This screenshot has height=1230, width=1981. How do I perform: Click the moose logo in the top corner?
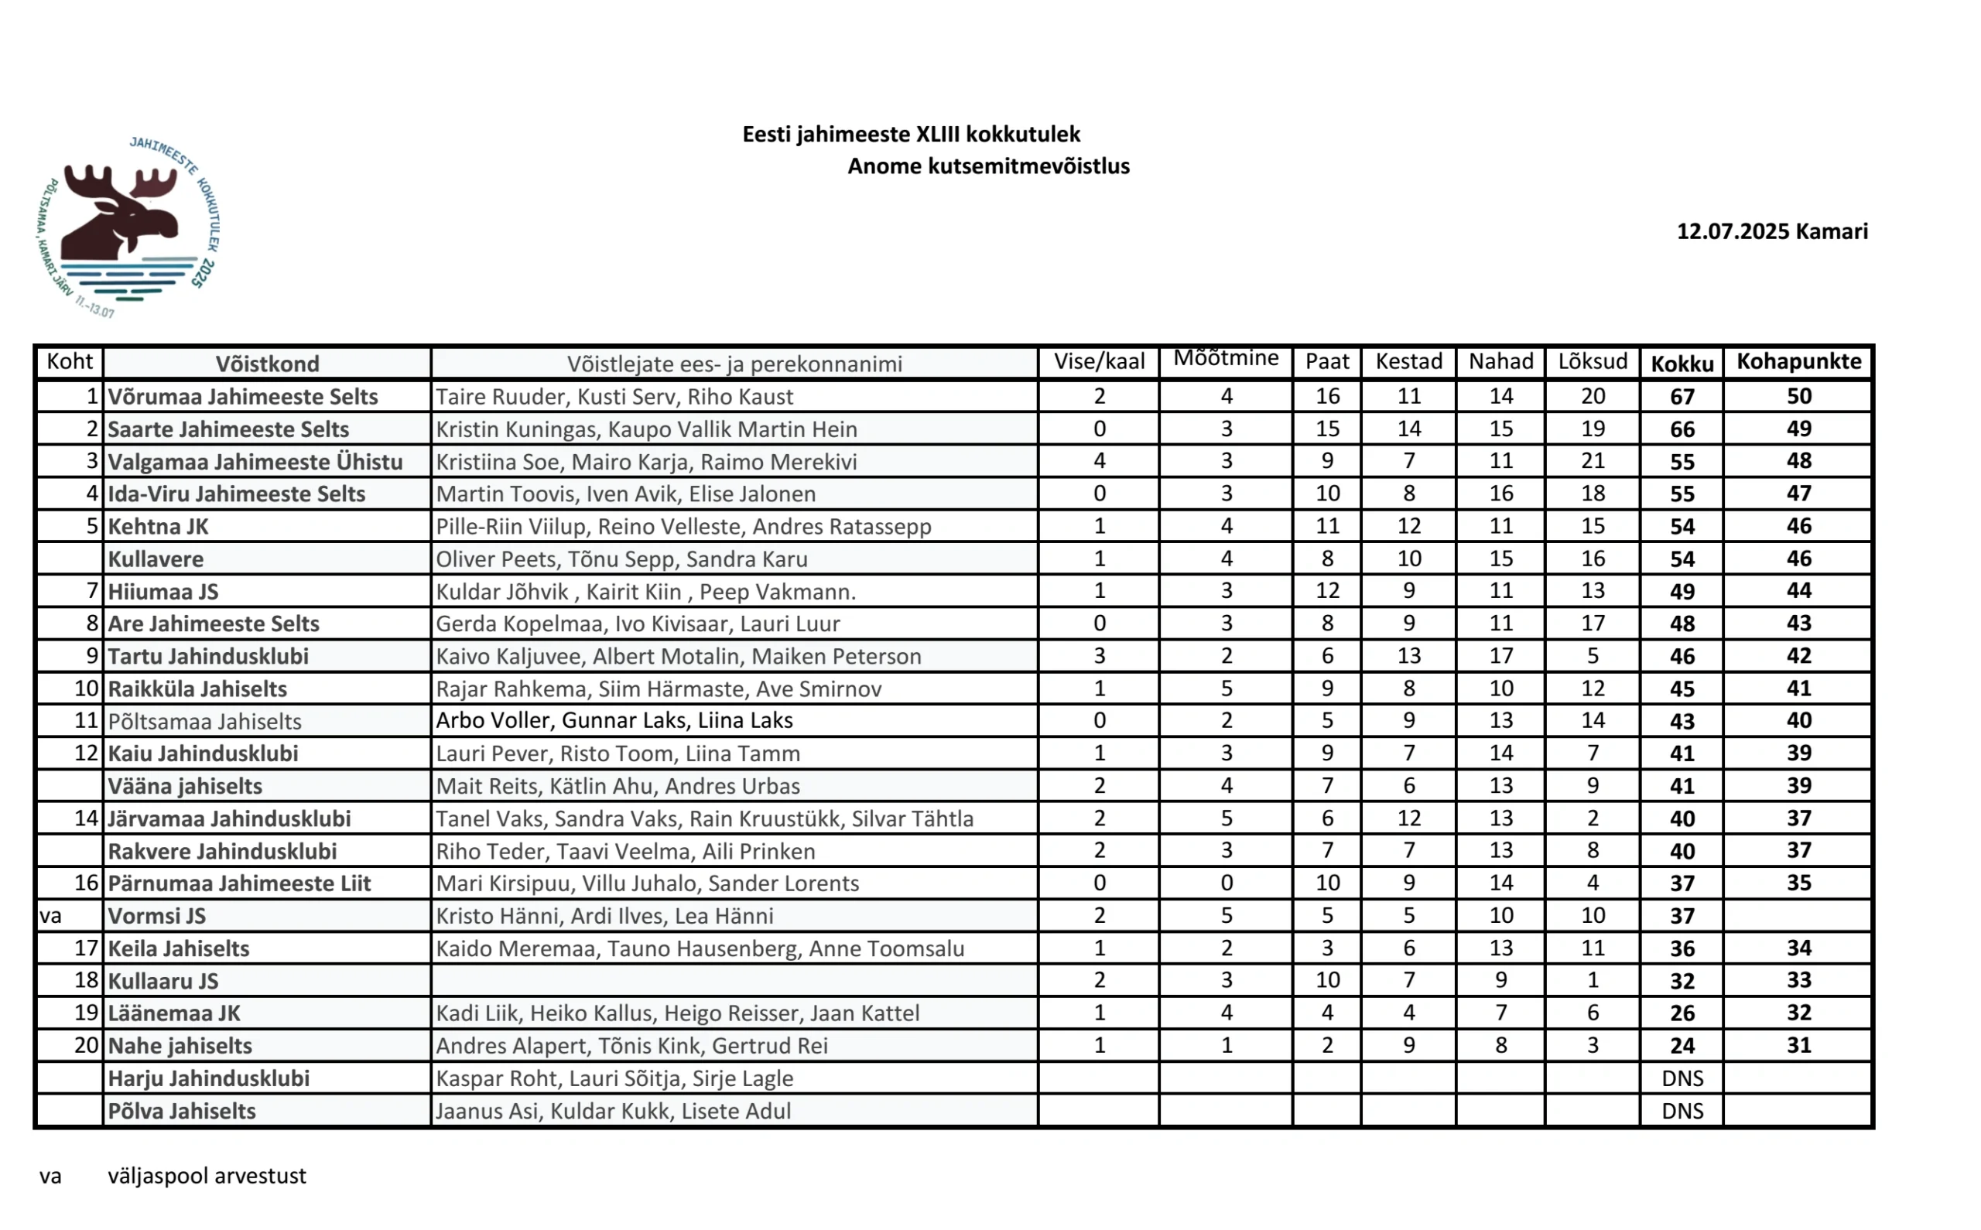pos(128,226)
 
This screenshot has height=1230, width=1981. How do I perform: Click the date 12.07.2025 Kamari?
pos(1772,232)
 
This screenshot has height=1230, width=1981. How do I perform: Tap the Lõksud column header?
pos(1592,362)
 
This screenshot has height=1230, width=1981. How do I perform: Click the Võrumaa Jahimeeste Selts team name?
pos(242,397)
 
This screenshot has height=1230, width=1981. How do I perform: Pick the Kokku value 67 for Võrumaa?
pos(1682,397)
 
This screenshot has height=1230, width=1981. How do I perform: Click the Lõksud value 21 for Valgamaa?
pos(1592,461)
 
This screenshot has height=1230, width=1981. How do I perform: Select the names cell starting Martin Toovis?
pos(624,494)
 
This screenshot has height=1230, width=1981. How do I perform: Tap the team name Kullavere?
pos(156,559)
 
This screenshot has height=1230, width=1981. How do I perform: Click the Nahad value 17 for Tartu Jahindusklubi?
pos(1501,657)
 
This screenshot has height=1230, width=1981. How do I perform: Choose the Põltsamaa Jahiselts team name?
pos(204,722)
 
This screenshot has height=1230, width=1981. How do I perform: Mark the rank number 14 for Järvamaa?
pos(86,818)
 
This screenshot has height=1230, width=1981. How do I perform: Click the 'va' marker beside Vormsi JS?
pos(50,916)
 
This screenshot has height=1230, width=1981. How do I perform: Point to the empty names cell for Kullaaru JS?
pos(734,981)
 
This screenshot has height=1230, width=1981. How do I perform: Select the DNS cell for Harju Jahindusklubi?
pos(1682,1078)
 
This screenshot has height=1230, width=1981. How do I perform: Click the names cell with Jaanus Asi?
pos(613,1111)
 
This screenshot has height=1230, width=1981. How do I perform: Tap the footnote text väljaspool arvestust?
pos(207,1177)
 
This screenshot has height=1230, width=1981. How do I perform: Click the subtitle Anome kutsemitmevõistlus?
pos(987,167)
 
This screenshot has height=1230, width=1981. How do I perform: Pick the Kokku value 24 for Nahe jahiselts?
pos(1682,1046)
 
